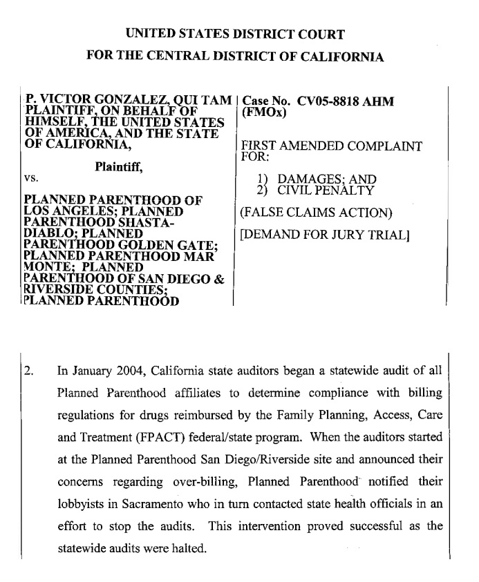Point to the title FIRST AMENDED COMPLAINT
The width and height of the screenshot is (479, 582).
click(330, 146)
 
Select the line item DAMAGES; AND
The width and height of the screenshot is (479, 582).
click(322, 180)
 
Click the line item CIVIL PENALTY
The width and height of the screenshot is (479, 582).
click(326, 191)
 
